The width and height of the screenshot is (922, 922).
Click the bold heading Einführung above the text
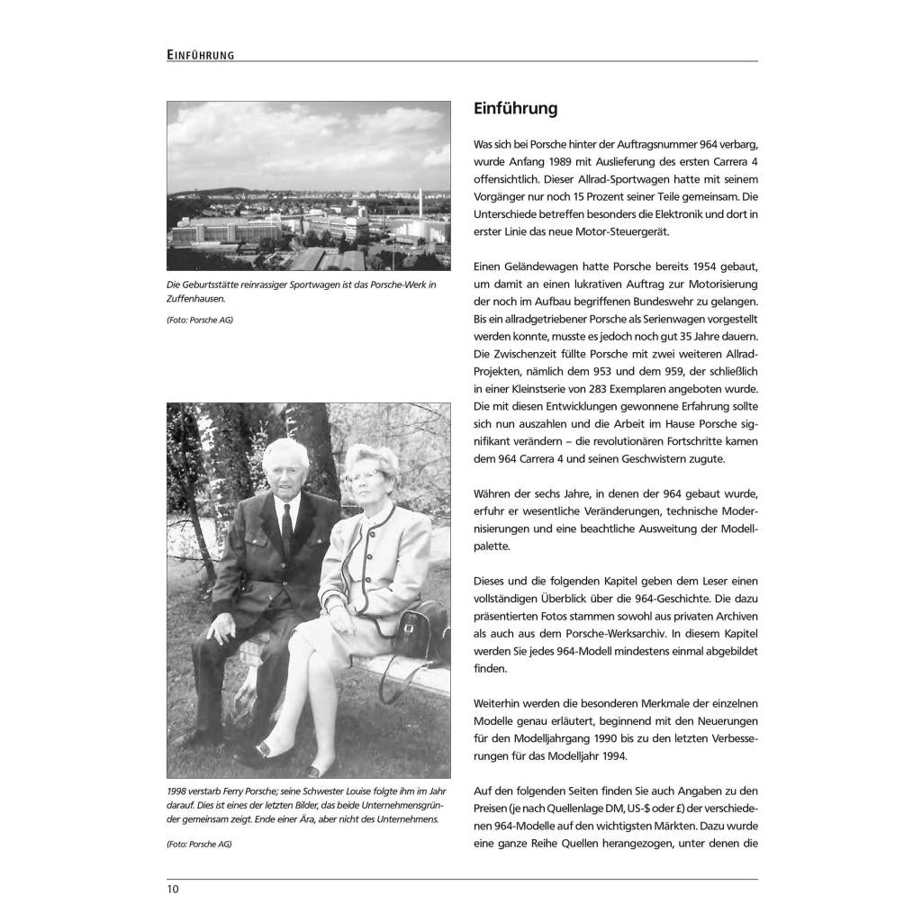516,109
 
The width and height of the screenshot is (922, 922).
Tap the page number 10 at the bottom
173,890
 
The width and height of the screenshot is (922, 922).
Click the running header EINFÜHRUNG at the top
201,55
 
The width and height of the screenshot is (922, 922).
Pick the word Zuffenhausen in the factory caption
196,298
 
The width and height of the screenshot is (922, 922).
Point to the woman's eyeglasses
364,474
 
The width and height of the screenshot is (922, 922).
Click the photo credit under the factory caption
200,321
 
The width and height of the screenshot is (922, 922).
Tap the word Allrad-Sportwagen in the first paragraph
581,179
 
